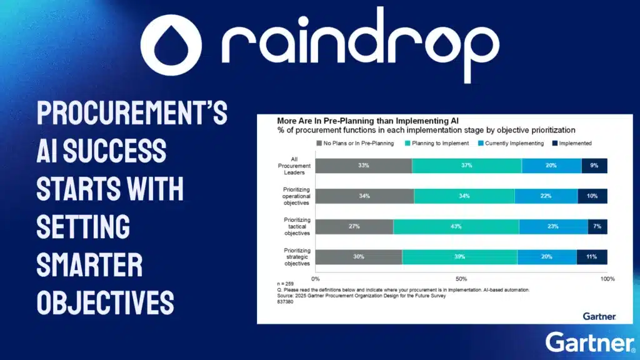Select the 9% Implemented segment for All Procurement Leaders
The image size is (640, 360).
tap(594, 166)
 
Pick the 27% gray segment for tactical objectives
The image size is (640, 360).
tap(354, 226)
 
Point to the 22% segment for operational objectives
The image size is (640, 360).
tap(546, 196)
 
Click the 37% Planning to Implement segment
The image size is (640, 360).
tap(467, 166)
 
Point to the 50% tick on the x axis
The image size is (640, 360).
tap(461, 278)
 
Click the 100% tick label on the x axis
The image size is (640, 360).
tap(607, 278)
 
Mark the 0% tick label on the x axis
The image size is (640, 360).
tap(316, 278)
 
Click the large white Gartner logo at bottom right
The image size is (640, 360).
tap(589, 342)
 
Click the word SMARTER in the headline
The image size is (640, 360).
tap(89, 264)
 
